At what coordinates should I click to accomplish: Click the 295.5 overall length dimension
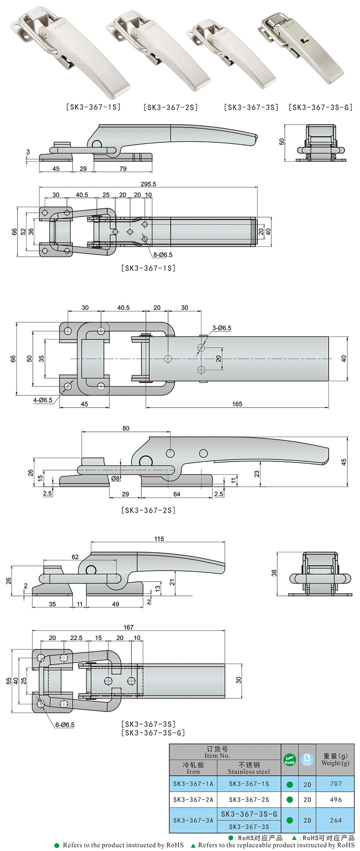pos(148,184)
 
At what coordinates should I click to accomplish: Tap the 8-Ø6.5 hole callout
pos(163,255)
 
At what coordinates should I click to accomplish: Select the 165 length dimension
pos(237,404)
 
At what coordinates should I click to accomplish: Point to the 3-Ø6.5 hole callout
pos(221,328)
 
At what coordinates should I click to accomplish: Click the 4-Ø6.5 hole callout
pos(43,400)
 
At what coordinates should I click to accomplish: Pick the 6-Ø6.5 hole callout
pos(65,725)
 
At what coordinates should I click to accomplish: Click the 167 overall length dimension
pos(128,627)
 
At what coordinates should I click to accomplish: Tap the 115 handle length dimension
pos(159,539)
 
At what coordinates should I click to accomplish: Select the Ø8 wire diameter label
pos(116,479)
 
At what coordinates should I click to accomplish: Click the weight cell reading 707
pos(336,784)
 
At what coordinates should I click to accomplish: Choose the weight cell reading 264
pos(336,820)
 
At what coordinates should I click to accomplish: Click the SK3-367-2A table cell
pos(193,799)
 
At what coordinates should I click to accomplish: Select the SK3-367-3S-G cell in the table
pos(249,814)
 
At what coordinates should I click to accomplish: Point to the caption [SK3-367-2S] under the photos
pos(171,107)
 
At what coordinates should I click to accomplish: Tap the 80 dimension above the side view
pos(126,428)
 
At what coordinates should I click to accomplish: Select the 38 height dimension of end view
pos(274,573)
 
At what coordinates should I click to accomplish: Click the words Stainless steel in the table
pos(249,771)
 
